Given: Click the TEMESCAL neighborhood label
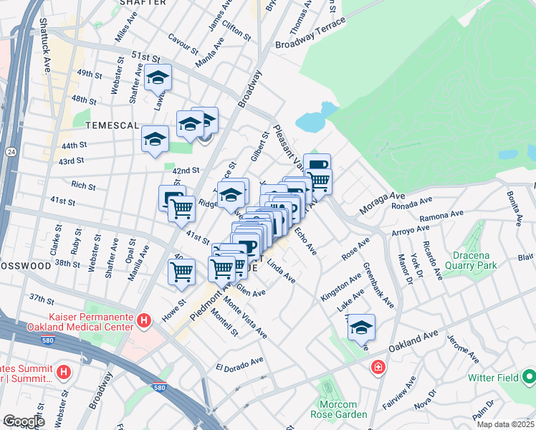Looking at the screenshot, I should (112, 125).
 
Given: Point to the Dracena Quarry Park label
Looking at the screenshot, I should (465, 260).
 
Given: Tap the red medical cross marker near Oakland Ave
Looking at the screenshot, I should (377, 368).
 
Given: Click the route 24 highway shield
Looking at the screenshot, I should (11, 152).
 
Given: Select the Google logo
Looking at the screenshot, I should (24, 421).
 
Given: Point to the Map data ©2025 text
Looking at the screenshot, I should (506, 424).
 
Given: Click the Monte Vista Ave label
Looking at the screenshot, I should (246, 320).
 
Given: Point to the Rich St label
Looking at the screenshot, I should (83, 186).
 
